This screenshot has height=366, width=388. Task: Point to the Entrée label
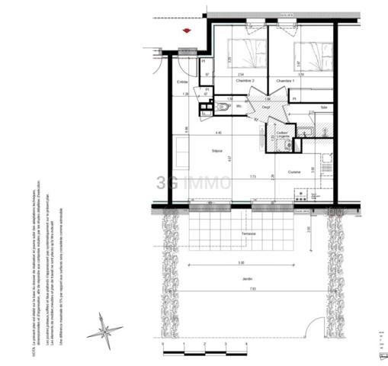coord(182,82)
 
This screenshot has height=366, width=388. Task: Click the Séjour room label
coord(217,151)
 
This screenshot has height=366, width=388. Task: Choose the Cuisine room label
coord(294,172)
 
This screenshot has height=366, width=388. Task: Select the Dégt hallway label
coord(267,108)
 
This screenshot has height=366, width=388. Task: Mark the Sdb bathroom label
coord(324,108)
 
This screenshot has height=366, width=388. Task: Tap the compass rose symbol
coord(104,331)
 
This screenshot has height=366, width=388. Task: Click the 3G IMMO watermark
coord(194,182)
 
